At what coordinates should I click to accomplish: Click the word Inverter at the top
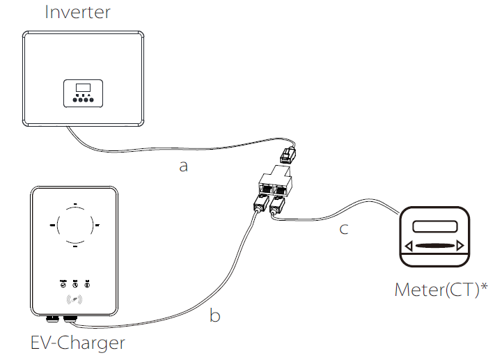77,12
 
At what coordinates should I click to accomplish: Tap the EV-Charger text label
78,342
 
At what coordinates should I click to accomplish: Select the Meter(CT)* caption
441,289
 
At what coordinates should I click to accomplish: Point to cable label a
183,166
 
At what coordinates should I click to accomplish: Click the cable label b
215,315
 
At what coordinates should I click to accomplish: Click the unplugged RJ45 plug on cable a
287,155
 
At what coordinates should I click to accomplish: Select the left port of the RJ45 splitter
266,187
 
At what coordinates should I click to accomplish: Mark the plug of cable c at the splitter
276,205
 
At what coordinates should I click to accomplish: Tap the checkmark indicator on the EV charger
63,283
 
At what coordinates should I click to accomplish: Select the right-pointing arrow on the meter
460,245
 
